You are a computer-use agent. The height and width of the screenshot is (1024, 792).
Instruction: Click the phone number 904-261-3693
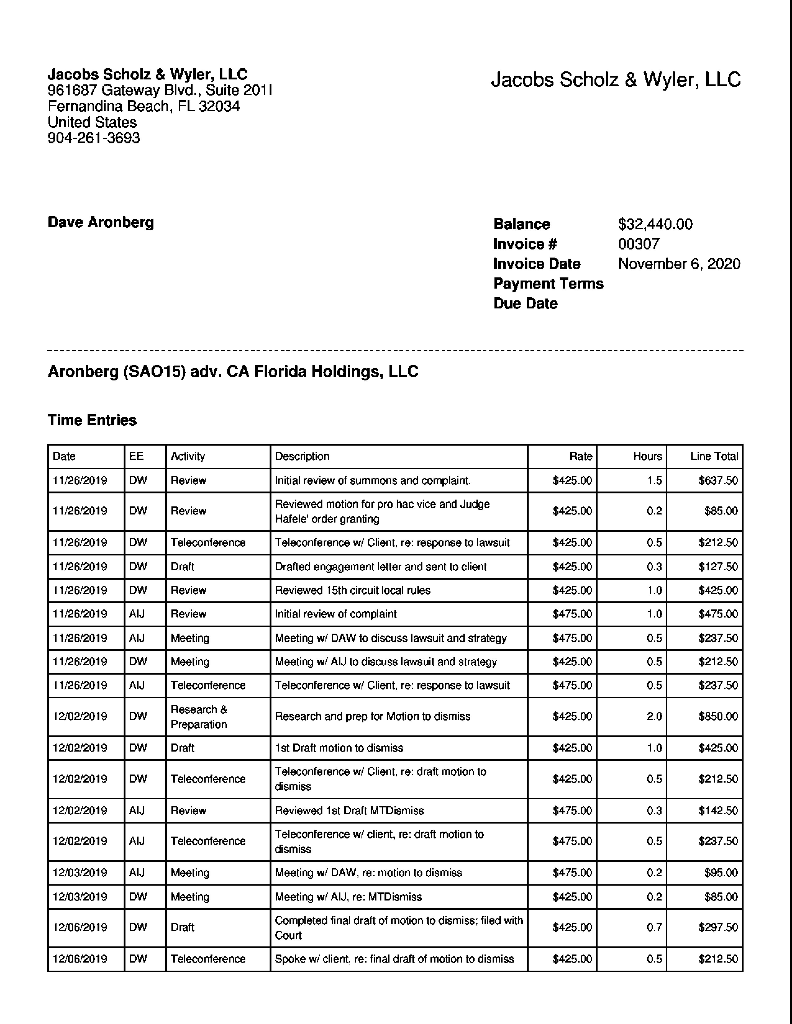(x=94, y=138)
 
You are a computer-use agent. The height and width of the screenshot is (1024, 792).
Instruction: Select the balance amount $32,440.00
(x=655, y=224)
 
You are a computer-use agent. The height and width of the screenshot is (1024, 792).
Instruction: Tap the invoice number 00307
(x=639, y=244)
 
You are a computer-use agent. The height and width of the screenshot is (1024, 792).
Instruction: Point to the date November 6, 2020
(x=679, y=264)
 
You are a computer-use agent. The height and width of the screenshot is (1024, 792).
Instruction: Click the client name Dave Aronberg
(x=101, y=222)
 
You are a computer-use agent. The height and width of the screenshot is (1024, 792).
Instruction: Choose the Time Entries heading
(x=92, y=420)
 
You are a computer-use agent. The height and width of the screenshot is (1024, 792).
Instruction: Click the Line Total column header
(x=714, y=456)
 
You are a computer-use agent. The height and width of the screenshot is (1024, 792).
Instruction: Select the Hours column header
(x=648, y=456)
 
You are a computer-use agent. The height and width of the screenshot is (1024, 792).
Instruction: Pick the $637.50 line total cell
(x=718, y=481)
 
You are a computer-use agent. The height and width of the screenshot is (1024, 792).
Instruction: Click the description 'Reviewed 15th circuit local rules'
(x=353, y=590)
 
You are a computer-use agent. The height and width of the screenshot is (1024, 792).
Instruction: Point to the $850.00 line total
(x=718, y=716)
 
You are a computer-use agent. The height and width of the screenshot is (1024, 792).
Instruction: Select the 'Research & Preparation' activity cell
(x=199, y=716)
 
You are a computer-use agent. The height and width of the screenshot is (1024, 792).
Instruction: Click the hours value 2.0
(x=654, y=716)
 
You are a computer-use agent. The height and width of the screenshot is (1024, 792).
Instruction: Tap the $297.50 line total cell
(x=718, y=927)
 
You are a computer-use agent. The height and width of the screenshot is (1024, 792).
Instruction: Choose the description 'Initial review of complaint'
(x=335, y=614)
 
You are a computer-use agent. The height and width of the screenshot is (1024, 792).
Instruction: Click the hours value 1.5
(x=654, y=481)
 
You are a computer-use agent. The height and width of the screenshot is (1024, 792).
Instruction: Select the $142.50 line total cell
(x=718, y=811)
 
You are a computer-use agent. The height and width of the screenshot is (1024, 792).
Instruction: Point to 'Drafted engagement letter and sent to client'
(x=380, y=567)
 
